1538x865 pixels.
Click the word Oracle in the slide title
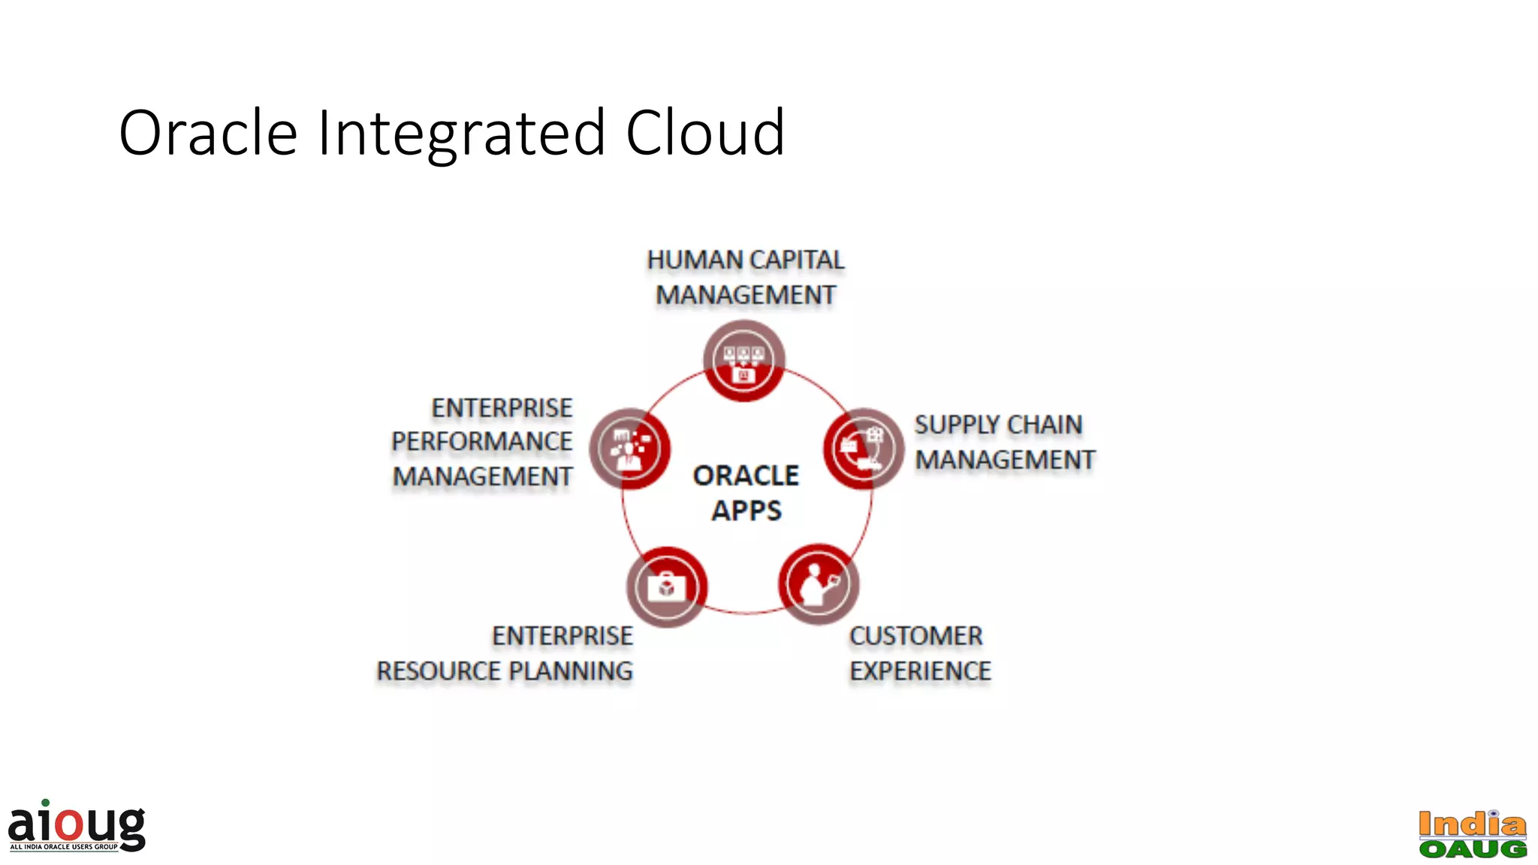[x=208, y=133]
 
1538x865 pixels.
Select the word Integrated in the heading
[x=461, y=133]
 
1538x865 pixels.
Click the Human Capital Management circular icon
[x=743, y=360]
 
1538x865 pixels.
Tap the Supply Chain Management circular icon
[x=863, y=448]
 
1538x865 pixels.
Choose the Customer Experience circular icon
[x=818, y=583]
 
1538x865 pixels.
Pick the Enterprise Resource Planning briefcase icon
[x=667, y=586]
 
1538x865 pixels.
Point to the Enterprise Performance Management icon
[x=629, y=448]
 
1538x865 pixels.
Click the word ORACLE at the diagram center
[x=746, y=475]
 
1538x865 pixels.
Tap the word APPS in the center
[x=746, y=511]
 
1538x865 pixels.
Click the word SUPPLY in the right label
[x=956, y=425]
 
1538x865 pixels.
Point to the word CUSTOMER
[x=915, y=636]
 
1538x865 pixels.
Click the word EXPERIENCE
[x=920, y=671]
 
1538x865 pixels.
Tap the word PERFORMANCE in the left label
[x=481, y=442]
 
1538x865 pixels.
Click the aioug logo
[x=77, y=826]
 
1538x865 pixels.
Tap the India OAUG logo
[x=1472, y=833]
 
